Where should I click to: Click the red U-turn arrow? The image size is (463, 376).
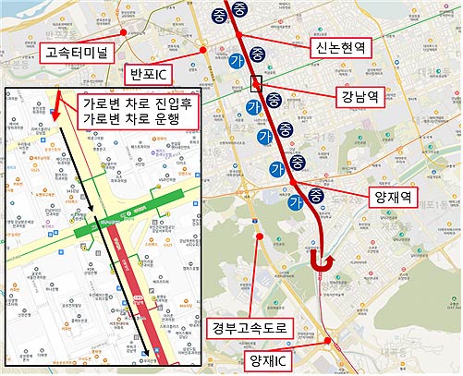tap(323, 264)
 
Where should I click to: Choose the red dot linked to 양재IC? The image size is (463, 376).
tap(329, 341)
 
